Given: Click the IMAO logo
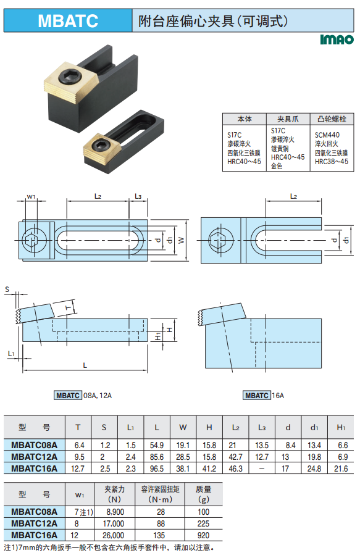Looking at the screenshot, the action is pos(337,39).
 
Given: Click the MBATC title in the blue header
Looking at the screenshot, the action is pos(68,20).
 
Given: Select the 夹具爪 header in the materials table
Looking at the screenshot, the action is pos(288,119).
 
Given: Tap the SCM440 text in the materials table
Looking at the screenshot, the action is pos(327,135).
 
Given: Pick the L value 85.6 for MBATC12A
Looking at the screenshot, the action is pos(157,457).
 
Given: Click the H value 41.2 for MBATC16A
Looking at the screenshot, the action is pos(209,468).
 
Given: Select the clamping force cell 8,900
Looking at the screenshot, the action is pos(115,512).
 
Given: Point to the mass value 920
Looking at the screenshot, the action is pos(203,535).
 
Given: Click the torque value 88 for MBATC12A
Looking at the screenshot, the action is pos(161,523).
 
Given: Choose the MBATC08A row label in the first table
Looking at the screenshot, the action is pos(34,445).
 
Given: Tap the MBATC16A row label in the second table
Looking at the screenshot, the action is pos(34,535).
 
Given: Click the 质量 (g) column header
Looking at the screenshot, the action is pos(203,494).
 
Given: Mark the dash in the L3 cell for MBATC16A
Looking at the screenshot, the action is pos(262,468).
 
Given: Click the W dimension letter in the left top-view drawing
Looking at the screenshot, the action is pos(182,240).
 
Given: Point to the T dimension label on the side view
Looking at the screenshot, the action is pos(69,307).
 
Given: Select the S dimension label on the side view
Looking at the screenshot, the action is pos(7,289).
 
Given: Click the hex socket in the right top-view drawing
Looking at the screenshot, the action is pos(221,239).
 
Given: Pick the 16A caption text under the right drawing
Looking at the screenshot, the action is pos(278,396).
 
